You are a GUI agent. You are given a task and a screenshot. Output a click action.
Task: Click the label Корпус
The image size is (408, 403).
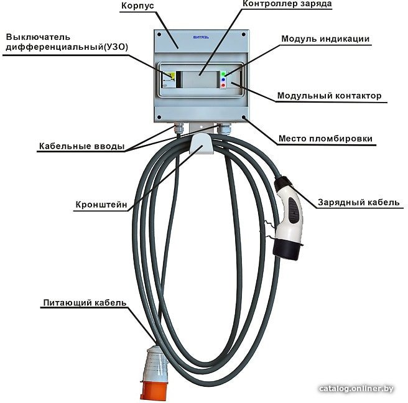click(x=137, y=6)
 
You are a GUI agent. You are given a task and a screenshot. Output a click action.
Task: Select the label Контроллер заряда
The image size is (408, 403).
click(x=287, y=4)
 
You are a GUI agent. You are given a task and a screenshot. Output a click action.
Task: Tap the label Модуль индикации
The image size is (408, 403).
click(x=325, y=39)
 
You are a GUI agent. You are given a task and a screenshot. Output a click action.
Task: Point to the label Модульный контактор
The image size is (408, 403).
click(x=329, y=96)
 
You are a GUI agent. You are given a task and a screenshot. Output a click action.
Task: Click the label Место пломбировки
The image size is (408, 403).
click(x=325, y=139)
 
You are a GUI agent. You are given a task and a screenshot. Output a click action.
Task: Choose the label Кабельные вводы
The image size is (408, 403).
click(x=81, y=146)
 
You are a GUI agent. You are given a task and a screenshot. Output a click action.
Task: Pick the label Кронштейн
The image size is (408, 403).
click(x=101, y=205)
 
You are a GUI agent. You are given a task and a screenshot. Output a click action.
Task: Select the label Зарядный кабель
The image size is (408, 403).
click(x=359, y=202)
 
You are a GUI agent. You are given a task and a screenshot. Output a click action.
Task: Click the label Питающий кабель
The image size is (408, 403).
click(x=85, y=303)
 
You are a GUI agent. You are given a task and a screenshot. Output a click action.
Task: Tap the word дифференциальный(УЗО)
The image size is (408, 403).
click(x=67, y=47)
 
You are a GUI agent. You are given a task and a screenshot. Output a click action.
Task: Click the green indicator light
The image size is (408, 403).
click(x=223, y=74)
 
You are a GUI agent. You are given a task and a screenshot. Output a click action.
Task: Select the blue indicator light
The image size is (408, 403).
click(x=223, y=80)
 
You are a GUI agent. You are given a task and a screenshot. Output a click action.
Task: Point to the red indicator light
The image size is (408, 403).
click(x=223, y=85)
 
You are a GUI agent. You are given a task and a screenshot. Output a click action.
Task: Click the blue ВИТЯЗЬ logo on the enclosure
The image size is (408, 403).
click(x=201, y=37)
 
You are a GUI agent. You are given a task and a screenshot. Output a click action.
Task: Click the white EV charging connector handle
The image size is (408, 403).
click(x=290, y=213)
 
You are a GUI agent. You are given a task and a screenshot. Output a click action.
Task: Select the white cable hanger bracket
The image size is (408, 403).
click(x=202, y=144)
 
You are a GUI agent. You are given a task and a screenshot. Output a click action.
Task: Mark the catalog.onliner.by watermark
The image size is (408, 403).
click(x=356, y=389)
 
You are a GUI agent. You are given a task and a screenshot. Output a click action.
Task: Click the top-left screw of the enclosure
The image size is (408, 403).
click(x=159, y=34)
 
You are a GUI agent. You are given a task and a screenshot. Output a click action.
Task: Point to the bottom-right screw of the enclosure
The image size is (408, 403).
click(x=244, y=118)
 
